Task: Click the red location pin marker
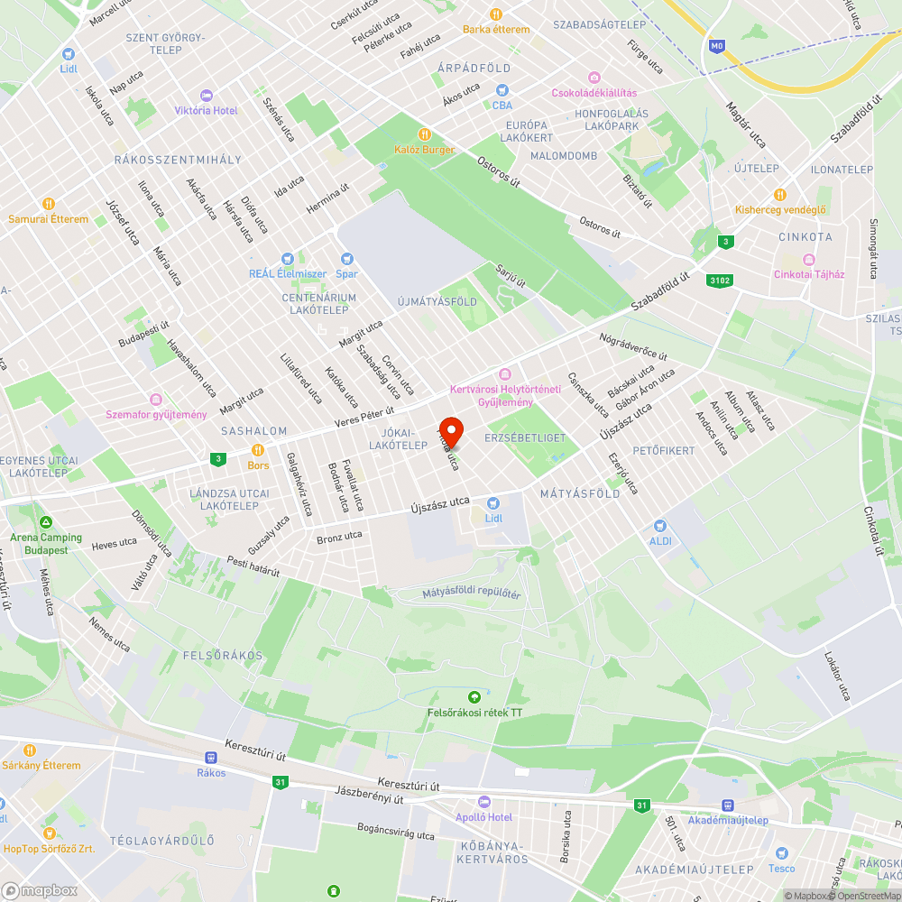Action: tap(450, 431)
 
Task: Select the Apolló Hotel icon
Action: tap(484, 802)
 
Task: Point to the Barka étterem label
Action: tap(496, 29)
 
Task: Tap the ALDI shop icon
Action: tap(659, 525)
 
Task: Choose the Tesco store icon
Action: tap(781, 853)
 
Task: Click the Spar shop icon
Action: tap(346, 259)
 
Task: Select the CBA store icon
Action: tap(502, 90)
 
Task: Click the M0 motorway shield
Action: tap(717, 45)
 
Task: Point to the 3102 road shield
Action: tap(719, 280)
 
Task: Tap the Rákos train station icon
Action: tap(211, 759)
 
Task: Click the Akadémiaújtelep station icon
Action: tap(727, 805)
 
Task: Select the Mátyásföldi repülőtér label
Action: tap(472, 594)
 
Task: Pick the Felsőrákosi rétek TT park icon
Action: tap(474, 697)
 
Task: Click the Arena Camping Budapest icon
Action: tap(45, 522)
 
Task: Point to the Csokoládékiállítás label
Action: tap(594, 93)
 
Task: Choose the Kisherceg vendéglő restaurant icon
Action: tap(780, 195)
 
